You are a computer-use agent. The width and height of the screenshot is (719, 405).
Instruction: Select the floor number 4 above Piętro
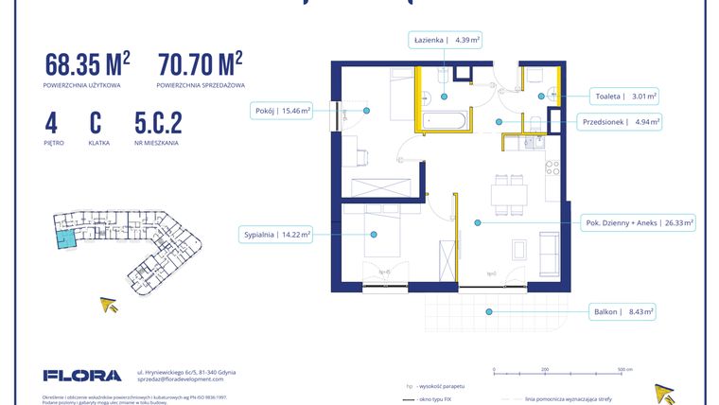51,123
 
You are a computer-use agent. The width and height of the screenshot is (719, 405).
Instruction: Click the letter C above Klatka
96,123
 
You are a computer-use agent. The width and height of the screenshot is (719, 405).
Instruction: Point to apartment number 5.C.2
158,123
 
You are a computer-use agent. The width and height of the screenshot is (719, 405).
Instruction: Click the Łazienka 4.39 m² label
447,41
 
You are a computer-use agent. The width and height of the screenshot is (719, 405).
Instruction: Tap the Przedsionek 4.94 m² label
620,121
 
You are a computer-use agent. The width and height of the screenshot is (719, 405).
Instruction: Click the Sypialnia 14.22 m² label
277,234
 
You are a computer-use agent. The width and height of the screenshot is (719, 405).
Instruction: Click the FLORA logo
82,376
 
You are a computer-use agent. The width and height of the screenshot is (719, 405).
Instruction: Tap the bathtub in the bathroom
444,121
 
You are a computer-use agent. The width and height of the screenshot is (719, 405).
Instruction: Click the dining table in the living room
510,194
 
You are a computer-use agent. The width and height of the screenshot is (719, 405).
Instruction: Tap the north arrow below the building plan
111,305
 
